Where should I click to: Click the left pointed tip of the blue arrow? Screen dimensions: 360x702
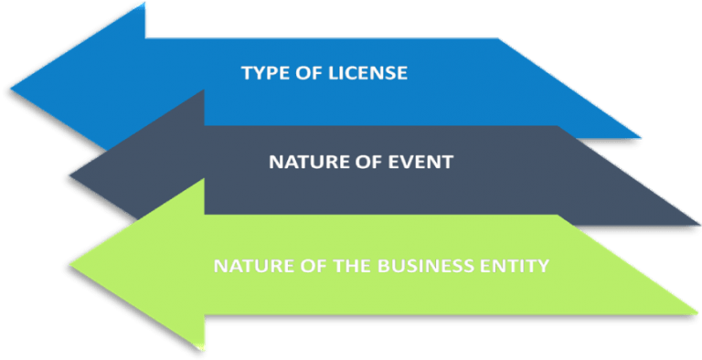coord(11,89)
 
